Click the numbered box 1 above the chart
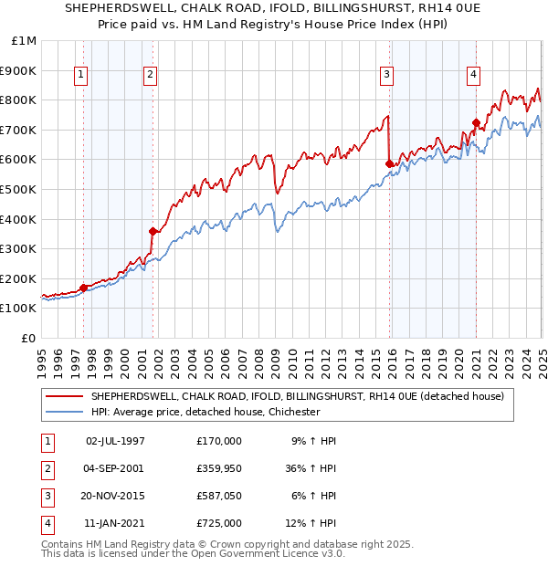82,75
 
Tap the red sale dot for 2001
153,231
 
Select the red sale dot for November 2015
390,163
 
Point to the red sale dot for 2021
476,122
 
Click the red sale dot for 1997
83,288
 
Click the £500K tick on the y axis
19,189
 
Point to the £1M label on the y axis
25,40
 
